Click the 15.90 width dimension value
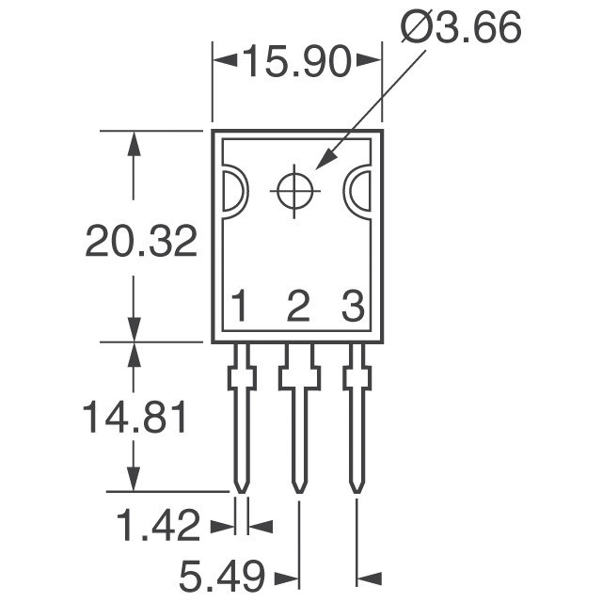(296, 63)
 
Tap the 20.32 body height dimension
(141, 242)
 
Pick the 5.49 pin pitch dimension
(223, 574)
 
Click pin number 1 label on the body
(241, 307)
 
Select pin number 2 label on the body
(297, 307)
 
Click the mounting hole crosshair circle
(295, 191)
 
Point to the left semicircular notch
(232, 192)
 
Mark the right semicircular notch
(359, 192)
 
